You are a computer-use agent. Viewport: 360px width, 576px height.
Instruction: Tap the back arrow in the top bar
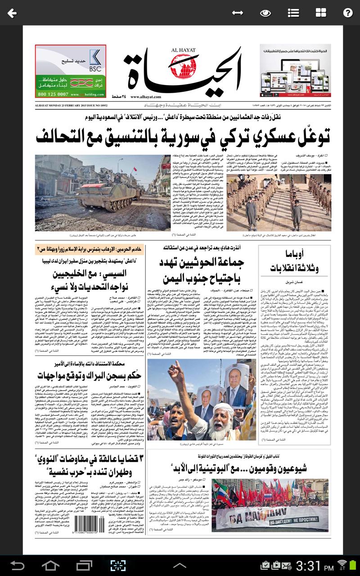pyautogui.click(x=12, y=13)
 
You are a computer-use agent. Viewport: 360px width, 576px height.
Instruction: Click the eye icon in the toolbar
pyautogui.click(x=265, y=13)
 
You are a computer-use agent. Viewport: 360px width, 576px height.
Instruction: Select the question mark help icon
pyautogui.click(x=347, y=13)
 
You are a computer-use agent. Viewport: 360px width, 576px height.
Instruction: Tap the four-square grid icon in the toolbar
pyautogui.click(x=321, y=13)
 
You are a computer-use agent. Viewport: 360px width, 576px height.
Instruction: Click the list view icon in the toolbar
pyautogui.click(x=293, y=13)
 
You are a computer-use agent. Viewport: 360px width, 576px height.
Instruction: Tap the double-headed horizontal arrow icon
pyautogui.click(x=238, y=13)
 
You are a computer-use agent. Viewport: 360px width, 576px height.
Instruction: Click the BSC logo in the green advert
pyautogui.click(x=95, y=60)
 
